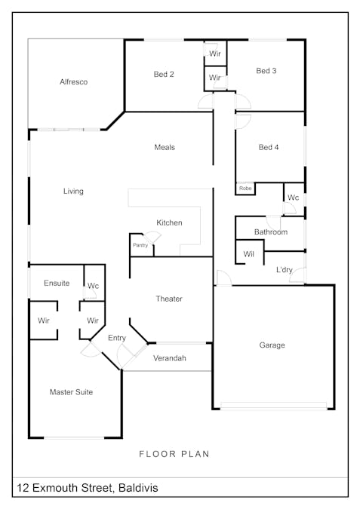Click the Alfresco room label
pyautogui.click(x=73, y=81)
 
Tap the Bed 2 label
pyautogui.click(x=164, y=75)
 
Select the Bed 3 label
pyautogui.click(x=266, y=71)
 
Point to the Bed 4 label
pyautogui.click(x=269, y=147)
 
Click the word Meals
pyautogui.click(x=165, y=147)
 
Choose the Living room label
pyautogui.click(x=73, y=192)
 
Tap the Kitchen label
pyautogui.click(x=169, y=222)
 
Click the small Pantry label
pyautogui.click(x=140, y=245)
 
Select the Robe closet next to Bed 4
pyautogui.click(x=245, y=189)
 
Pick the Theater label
pyautogui.click(x=169, y=299)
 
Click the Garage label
pyautogui.click(x=272, y=345)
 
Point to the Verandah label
pyautogui.click(x=170, y=358)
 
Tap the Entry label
pyautogui.click(x=117, y=338)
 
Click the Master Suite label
pyautogui.click(x=71, y=392)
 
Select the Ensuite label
pyautogui.click(x=57, y=283)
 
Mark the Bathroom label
pyautogui.click(x=271, y=232)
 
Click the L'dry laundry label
pyautogui.click(x=285, y=270)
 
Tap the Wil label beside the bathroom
pyautogui.click(x=248, y=254)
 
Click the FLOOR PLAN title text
pyautogui.click(x=174, y=454)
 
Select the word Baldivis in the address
pyautogui.click(x=138, y=488)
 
